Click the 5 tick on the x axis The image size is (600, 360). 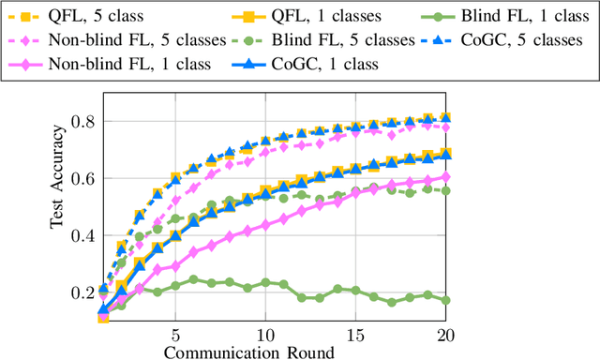tap(175, 335)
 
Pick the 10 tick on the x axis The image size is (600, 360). tap(265, 335)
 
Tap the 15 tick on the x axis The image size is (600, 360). tap(355, 335)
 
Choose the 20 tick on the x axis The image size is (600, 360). tap(445, 335)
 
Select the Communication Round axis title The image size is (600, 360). tap(247, 352)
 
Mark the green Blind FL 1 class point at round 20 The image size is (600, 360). tap(445, 300)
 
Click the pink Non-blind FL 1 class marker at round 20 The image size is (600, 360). tap(445, 176)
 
